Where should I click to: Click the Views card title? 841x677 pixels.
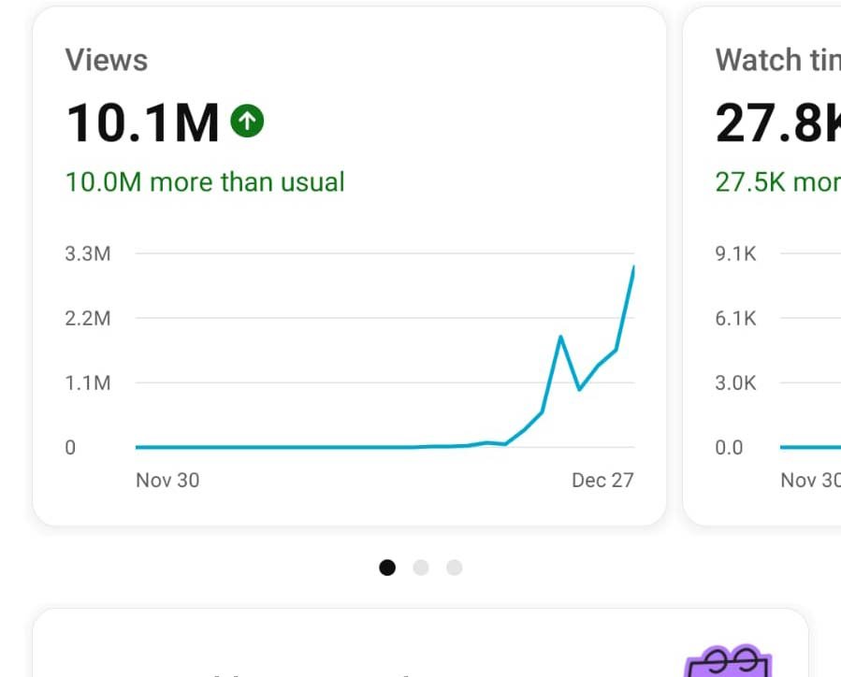107,61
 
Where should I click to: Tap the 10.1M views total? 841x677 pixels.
142,123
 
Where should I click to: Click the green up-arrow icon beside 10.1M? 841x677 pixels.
248,120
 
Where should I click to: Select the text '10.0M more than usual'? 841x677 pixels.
205,181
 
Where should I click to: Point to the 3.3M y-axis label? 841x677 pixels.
88,253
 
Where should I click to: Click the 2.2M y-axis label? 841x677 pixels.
88,318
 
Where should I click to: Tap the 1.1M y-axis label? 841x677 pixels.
88,382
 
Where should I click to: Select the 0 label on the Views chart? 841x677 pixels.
70,447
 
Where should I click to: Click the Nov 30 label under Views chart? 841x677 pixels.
167,481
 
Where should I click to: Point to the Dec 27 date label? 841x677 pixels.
602,481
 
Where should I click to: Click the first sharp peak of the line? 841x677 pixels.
560,337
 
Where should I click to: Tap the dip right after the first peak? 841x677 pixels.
579,389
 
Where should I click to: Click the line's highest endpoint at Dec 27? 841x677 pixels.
633,267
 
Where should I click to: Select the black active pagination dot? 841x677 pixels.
387,568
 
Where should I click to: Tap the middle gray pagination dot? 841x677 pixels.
421,568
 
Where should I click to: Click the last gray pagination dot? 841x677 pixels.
455,568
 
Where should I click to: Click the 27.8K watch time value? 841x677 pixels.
777,123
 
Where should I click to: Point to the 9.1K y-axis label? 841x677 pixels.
735,253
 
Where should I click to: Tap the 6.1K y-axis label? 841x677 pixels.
735,318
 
